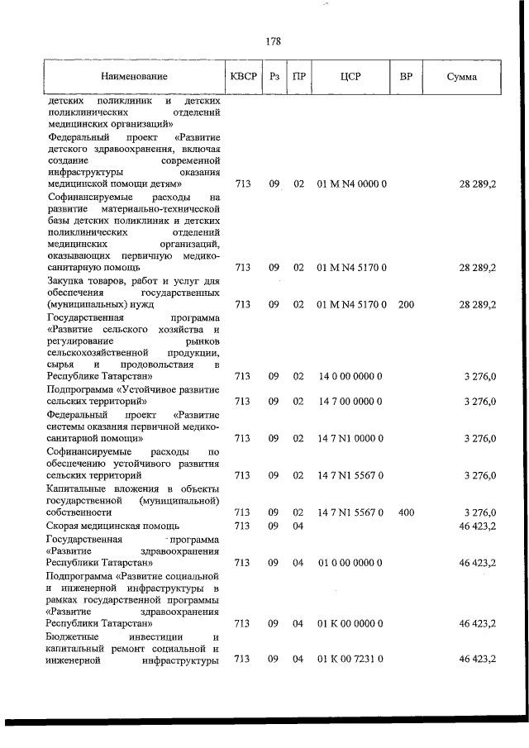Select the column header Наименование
(134, 77)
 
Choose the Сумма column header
(460, 77)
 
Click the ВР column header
(406, 77)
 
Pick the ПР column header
(300, 77)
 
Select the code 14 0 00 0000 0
(350, 376)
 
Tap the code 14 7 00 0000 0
(350, 402)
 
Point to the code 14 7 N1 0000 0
(350, 439)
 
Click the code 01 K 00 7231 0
(350, 659)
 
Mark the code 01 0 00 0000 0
(350, 563)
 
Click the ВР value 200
(406, 305)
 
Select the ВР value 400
(406, 512)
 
